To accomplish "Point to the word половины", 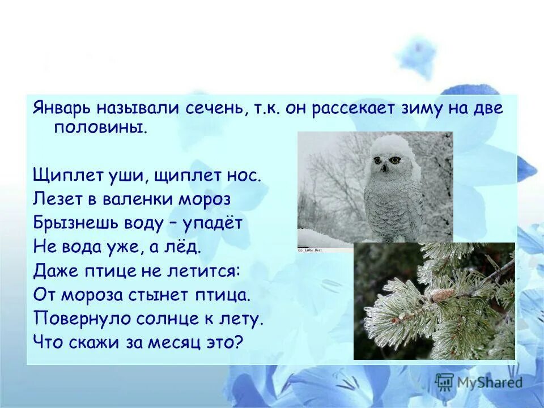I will pyautogui.click(x=100, y=127).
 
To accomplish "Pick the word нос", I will pyautogui.click(x=244, y=175).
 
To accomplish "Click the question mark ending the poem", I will pyautogui.click(x=238, y=342).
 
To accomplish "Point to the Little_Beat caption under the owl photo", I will pyautogui.click(x=311, y=249).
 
